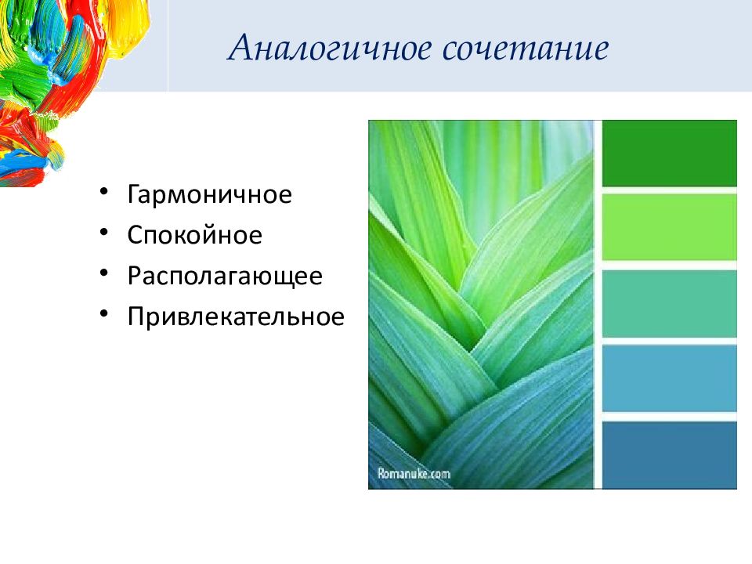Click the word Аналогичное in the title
click(330, 49)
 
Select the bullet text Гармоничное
click(210, 194)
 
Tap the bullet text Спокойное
click(195, 234)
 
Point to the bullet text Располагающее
click(225, 277)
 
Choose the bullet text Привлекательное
click(236, 316)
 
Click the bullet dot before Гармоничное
click(104, 191)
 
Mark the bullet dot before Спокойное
click(104, 232)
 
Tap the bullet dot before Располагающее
click(104, 273)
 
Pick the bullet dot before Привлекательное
click(104, 313)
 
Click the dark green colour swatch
click(670, 154)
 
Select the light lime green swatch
click(670, 227)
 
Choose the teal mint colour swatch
click(670, 304)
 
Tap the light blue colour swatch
click(670, 378)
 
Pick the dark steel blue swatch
click(670, 455)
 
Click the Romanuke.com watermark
click(414, 474)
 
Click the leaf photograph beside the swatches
click(481, 305)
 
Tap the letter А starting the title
click(241, 48)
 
